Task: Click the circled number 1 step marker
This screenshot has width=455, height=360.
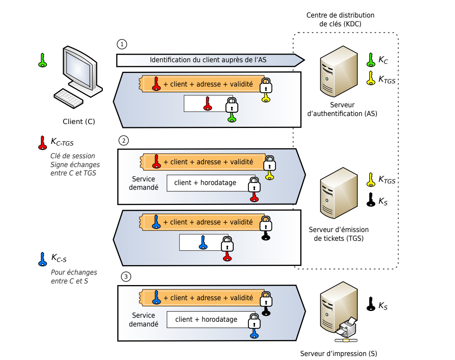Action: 122,44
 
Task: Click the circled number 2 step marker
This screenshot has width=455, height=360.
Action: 124,141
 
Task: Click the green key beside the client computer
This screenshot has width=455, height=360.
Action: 42,60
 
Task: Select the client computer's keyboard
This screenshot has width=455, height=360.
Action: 69,98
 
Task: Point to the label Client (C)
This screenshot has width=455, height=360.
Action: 79,122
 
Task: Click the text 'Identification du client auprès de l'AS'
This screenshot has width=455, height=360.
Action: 208,60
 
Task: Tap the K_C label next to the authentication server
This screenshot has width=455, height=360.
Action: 383,60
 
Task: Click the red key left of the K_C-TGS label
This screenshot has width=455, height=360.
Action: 42,143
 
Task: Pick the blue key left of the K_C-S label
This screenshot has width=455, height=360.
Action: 42,260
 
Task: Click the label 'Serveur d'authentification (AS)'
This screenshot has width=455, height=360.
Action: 343,109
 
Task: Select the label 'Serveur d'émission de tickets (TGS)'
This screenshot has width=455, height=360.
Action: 339,234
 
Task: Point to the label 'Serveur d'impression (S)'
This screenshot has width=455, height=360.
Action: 339,353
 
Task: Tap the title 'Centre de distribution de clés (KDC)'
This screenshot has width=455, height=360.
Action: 340,20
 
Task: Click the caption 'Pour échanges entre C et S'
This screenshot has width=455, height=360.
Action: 74,277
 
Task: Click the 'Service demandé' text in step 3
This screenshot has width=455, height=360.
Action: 144,319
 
